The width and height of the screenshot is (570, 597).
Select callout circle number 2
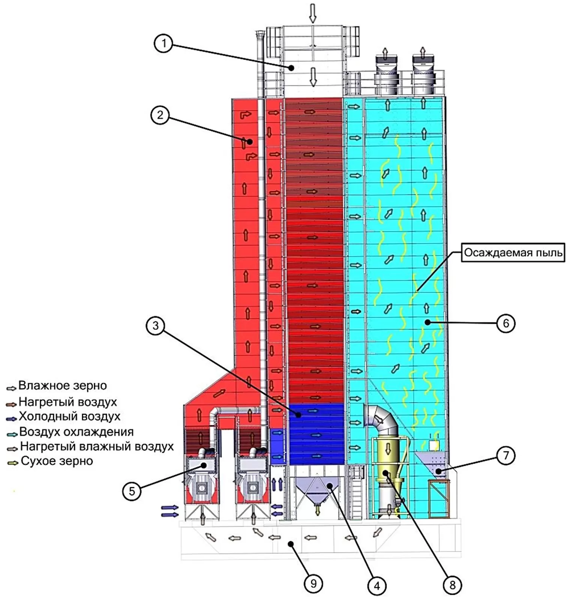pyautogui.click(x=160, y=115)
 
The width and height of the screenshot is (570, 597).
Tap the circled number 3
pyautogui.click(x=156, y=326)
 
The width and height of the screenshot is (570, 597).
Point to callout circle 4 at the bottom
pyautogui.click(x=376, y=585)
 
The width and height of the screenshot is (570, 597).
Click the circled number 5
pyautogui.click(x=132, y=491)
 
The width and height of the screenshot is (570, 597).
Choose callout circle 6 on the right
pyautogui.click(x=505, y=323)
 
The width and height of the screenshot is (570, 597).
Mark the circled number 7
pyautogui.click(x=505, y=455)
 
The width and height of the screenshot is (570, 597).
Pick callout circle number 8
pyautogui.click(x=452, y=585)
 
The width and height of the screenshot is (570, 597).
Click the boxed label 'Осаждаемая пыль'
pyautogui.click(x=513, y=253)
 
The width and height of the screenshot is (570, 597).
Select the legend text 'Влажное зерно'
pyautogui.click(x=63, y=386)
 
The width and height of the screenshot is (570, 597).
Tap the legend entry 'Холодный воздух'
pyautogui.click(x=69, y=416)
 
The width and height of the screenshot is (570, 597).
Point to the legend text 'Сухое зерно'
pyautogui.click(x=57, y=461)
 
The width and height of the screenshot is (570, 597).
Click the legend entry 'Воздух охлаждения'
pyautogui.click(x=76, y=432)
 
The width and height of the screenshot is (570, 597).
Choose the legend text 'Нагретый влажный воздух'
pyautogui.click(x=97, y=446)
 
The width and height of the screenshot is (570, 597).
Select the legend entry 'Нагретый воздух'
pyautogui.click(x=67, y=402)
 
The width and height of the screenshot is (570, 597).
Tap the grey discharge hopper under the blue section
pyautogui.click(x=317, y=489)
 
